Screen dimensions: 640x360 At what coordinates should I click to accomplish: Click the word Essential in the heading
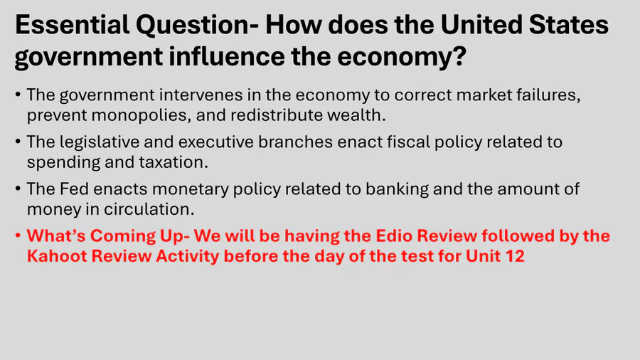pos(73,24)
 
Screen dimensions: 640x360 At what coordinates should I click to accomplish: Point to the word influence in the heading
pos(227,56)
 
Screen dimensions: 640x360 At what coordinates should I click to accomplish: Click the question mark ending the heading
pos(459,56)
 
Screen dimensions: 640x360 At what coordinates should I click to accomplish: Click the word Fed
pos(74,189)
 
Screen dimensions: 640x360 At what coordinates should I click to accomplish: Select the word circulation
pos(149,209)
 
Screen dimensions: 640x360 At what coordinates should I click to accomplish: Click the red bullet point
pos(18,235)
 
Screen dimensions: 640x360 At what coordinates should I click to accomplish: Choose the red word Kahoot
pos(56,256)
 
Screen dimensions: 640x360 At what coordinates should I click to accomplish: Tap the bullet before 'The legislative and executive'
pos(18,142)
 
